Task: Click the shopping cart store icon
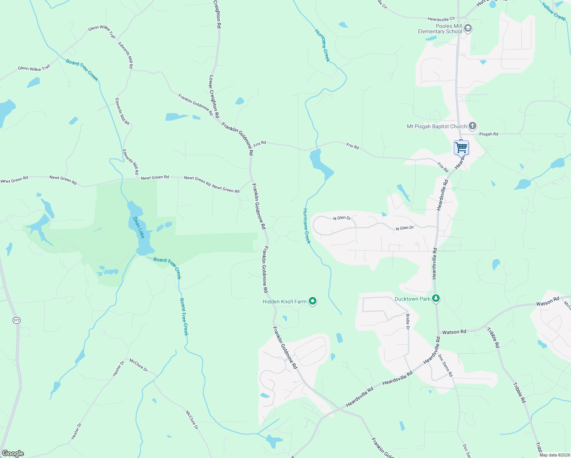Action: point(461,147)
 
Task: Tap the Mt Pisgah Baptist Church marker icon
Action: point(472,126)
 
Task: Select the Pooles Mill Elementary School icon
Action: point(468,28)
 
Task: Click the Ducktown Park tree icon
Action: point(436,298)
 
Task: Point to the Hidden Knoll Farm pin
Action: point(313,302)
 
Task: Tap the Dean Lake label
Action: point(139,227)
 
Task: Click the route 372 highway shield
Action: point(16,320)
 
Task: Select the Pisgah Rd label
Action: point(489,134)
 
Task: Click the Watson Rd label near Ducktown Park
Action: point(454,332)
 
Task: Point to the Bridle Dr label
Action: point(408,322)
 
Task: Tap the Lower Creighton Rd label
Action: point(214,96)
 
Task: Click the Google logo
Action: point(12,453)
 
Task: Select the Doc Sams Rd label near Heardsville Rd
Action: point(445,366)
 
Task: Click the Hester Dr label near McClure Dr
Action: point(119,369)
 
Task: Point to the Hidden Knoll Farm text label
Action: point(284,302)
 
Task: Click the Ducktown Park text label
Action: point(412,299)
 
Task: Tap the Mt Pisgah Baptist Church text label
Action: point(437,126)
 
